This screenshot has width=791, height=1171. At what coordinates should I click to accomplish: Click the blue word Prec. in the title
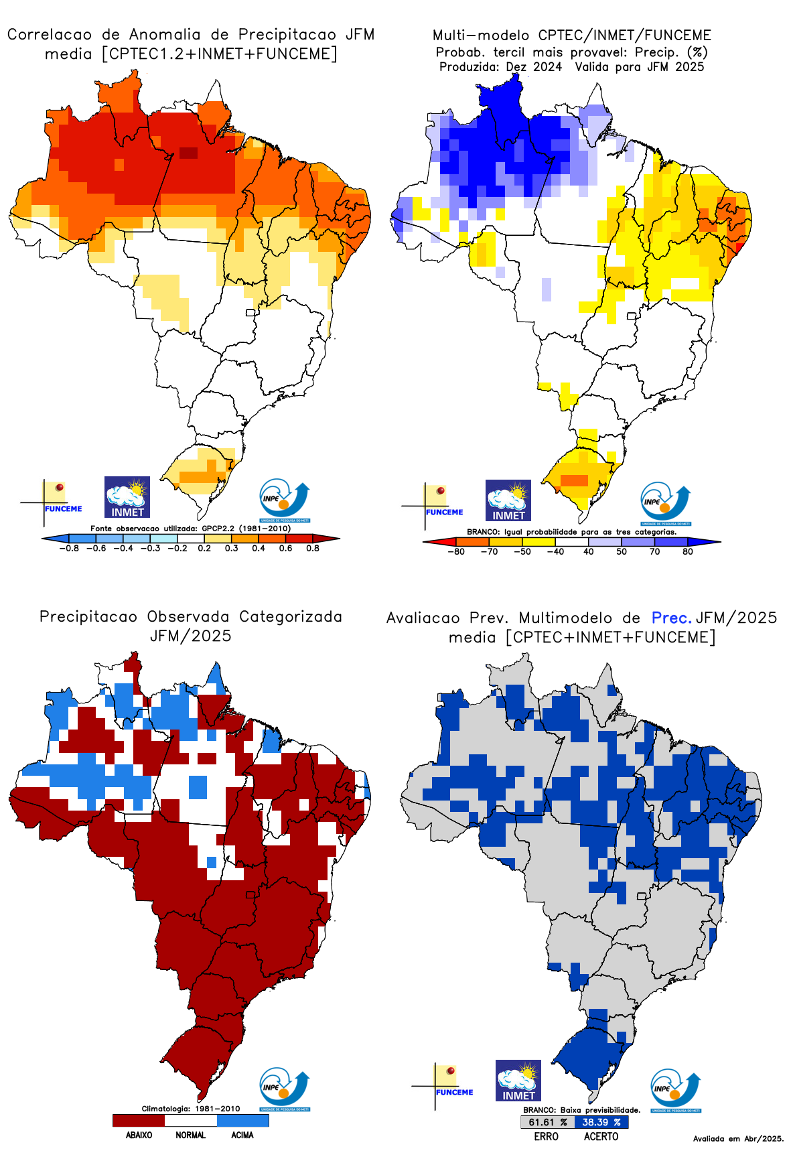pos(671,618)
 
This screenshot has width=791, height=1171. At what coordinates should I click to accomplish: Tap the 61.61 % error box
pos(547,1122)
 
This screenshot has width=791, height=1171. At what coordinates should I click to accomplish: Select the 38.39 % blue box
pos(601,1122)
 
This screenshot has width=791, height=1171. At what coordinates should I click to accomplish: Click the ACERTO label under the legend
pos(601,1136)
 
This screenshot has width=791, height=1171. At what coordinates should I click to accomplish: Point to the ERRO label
pos(547,1136)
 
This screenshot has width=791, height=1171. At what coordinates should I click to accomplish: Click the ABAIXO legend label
pos(139,1135)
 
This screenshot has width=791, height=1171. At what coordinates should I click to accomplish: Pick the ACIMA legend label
pos(242,1135)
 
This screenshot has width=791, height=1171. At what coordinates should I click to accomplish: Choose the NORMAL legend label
pos(190,1135)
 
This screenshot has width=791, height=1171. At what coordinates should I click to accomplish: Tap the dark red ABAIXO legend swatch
pos(139,1120)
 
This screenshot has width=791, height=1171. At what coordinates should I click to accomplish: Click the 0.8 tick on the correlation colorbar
pos(313,548)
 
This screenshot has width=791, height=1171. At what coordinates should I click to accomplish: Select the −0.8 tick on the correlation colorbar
pos(68,548)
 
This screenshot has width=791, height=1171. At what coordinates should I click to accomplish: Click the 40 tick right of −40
pos(588,551)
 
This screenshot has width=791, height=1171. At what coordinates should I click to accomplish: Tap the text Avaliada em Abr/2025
pos(738,1138)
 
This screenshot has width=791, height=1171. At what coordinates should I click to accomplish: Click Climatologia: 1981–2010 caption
pos(190,1109)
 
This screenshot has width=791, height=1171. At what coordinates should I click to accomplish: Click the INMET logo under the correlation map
pos(127,497)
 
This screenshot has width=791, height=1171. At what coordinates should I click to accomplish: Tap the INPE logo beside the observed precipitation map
pos(285,1089)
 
